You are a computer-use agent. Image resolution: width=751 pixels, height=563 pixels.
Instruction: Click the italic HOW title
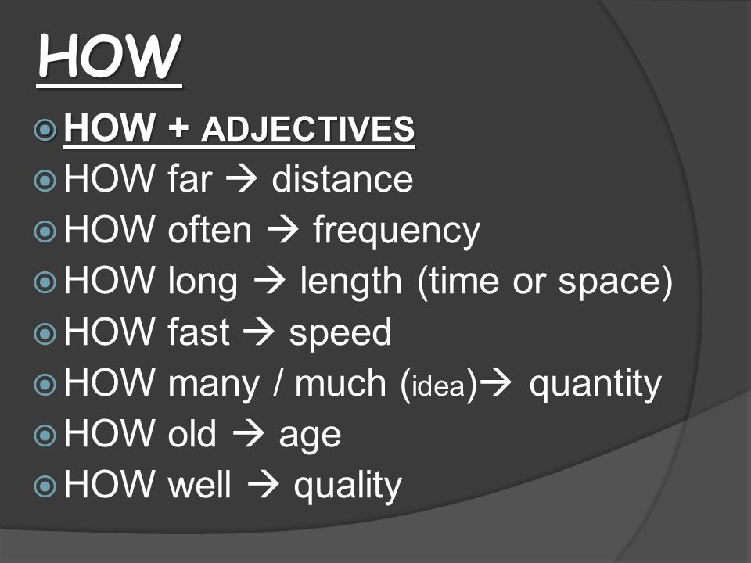tap(110, 56)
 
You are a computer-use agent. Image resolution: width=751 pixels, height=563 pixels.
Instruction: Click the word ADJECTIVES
tap(308, 129)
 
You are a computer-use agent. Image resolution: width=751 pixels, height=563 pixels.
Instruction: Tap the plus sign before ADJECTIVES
tap(178, 128)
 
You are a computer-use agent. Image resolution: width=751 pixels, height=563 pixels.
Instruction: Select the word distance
tap(343, 179)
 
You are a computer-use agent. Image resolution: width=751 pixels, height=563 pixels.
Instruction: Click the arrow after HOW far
tap(242, 179)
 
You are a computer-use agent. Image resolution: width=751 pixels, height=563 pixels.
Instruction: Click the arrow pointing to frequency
tap(283, 230)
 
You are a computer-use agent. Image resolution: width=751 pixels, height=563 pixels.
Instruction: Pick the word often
tap(210, 230)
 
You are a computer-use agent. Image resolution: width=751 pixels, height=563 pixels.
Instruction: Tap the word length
tap(351, 282)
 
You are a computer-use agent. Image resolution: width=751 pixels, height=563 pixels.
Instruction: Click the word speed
tap(340, 334)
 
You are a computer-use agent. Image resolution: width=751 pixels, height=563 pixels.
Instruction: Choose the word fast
tap(199, 332)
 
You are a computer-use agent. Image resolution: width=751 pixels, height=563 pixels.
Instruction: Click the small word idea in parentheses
tap(438, 385)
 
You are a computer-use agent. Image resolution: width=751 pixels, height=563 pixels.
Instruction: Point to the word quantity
tap(595, 385)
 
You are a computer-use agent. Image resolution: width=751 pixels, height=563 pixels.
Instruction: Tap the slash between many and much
tap(277, 383)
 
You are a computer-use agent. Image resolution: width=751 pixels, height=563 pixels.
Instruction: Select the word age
tap(310, 437)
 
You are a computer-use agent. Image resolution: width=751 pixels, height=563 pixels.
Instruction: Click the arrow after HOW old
tap(249, 434)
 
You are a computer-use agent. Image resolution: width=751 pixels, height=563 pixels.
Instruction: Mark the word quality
tap(347, 486)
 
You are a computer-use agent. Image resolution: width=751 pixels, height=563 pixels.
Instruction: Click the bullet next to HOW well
tap(45, 486)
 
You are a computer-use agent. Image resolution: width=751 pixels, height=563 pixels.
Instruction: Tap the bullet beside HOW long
tap(45, 282)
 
